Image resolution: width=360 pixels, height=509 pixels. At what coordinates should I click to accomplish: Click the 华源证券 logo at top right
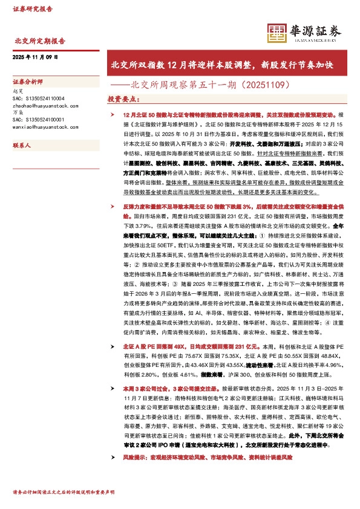(306, 31)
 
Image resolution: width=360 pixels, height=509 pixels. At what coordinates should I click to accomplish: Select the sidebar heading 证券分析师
(28, 80)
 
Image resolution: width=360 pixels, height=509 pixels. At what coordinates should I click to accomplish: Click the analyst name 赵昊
(18, 91)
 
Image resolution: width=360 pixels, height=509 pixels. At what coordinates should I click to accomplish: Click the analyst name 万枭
(18, 112)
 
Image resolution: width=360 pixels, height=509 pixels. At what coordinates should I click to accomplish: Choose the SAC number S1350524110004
(38, 98)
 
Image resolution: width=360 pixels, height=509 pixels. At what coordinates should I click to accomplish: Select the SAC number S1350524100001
(38, 120)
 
